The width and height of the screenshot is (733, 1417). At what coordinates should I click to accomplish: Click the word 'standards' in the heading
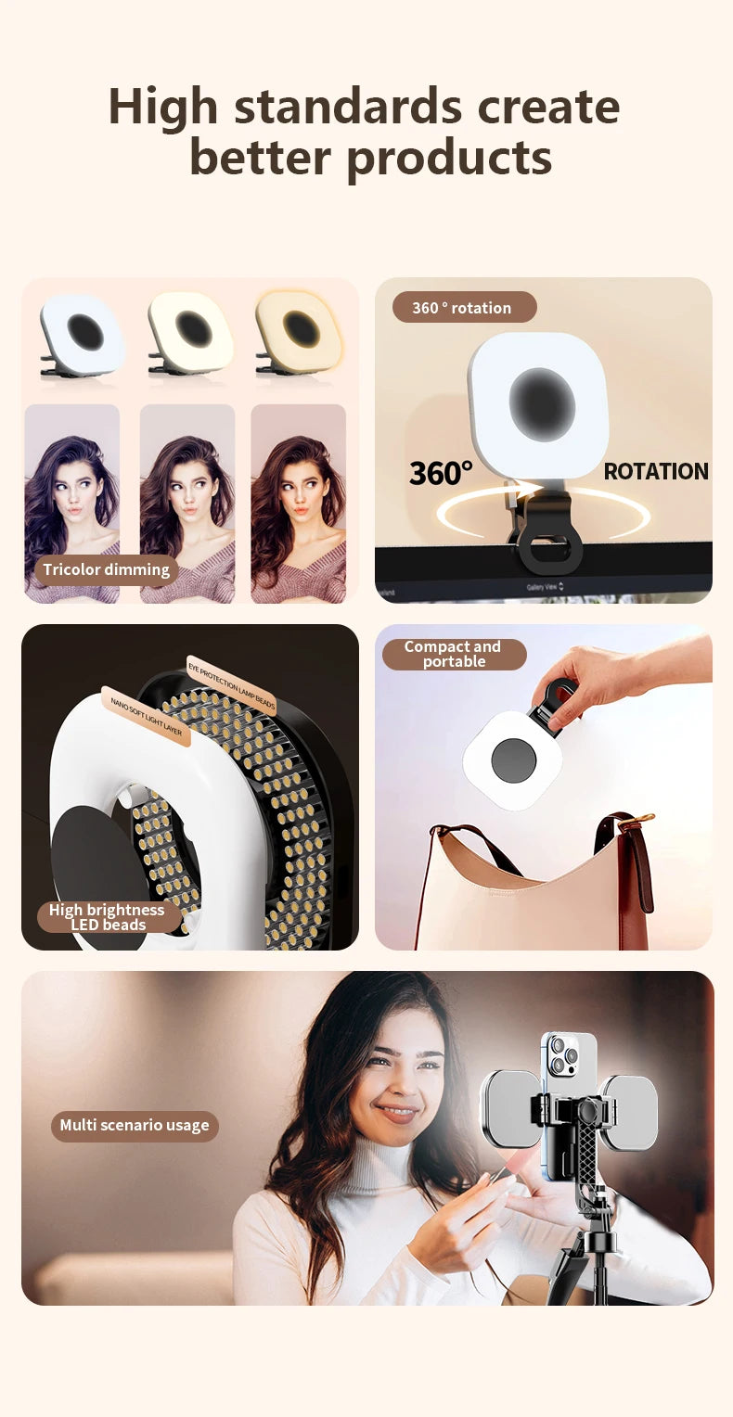coord(348,107)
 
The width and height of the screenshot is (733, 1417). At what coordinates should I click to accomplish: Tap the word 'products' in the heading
coord(449,158)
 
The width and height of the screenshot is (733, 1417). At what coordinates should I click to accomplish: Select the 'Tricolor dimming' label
coord(107,569)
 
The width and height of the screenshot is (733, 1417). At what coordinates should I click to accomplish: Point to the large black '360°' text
coord(441,473)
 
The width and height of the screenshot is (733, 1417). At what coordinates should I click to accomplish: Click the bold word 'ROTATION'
coord(655,471)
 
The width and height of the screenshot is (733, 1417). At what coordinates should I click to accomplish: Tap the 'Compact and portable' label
coord(454,654)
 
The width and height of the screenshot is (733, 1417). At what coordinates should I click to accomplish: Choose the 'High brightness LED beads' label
coord(108,917)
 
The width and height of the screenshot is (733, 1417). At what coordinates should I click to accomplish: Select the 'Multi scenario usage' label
coord(135,1126)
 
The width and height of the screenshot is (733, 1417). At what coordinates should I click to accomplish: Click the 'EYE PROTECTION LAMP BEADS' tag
coord(232,686)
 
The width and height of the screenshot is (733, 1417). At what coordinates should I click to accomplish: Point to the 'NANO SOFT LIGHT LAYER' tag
coord(146,716)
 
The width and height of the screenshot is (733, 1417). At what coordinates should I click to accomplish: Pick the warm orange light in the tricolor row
coord(299,331)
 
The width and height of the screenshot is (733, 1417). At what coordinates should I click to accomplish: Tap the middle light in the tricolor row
coord(191,332)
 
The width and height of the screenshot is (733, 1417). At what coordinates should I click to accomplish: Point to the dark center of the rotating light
coord(542,404)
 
